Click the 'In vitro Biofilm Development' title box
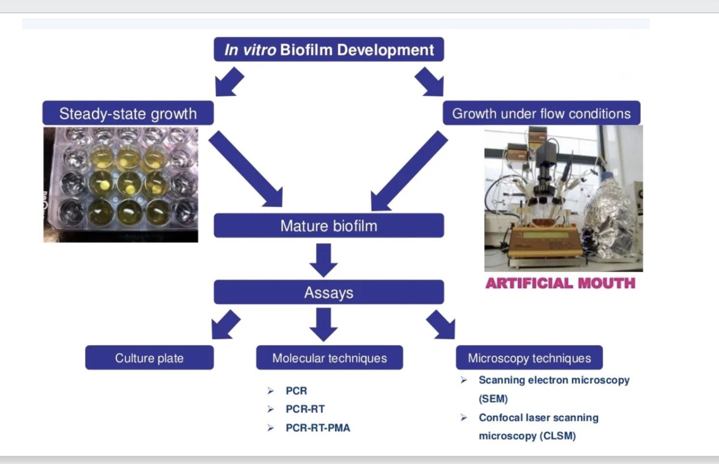point(329,50)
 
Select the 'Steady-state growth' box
point(128,113)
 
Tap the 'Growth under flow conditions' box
point(541,113)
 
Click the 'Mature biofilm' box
point(329,226)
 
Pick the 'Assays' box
point(329,292)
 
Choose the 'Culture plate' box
point(149,358)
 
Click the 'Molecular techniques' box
point(329,358)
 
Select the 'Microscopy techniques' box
point(529,358)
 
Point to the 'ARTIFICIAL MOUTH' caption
point(560,283)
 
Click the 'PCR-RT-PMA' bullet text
point(318,428)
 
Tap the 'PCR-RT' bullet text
point(305,409)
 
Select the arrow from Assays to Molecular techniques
point(324,324)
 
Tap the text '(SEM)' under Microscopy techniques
point(493,399)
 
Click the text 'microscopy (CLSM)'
point(527,436)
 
